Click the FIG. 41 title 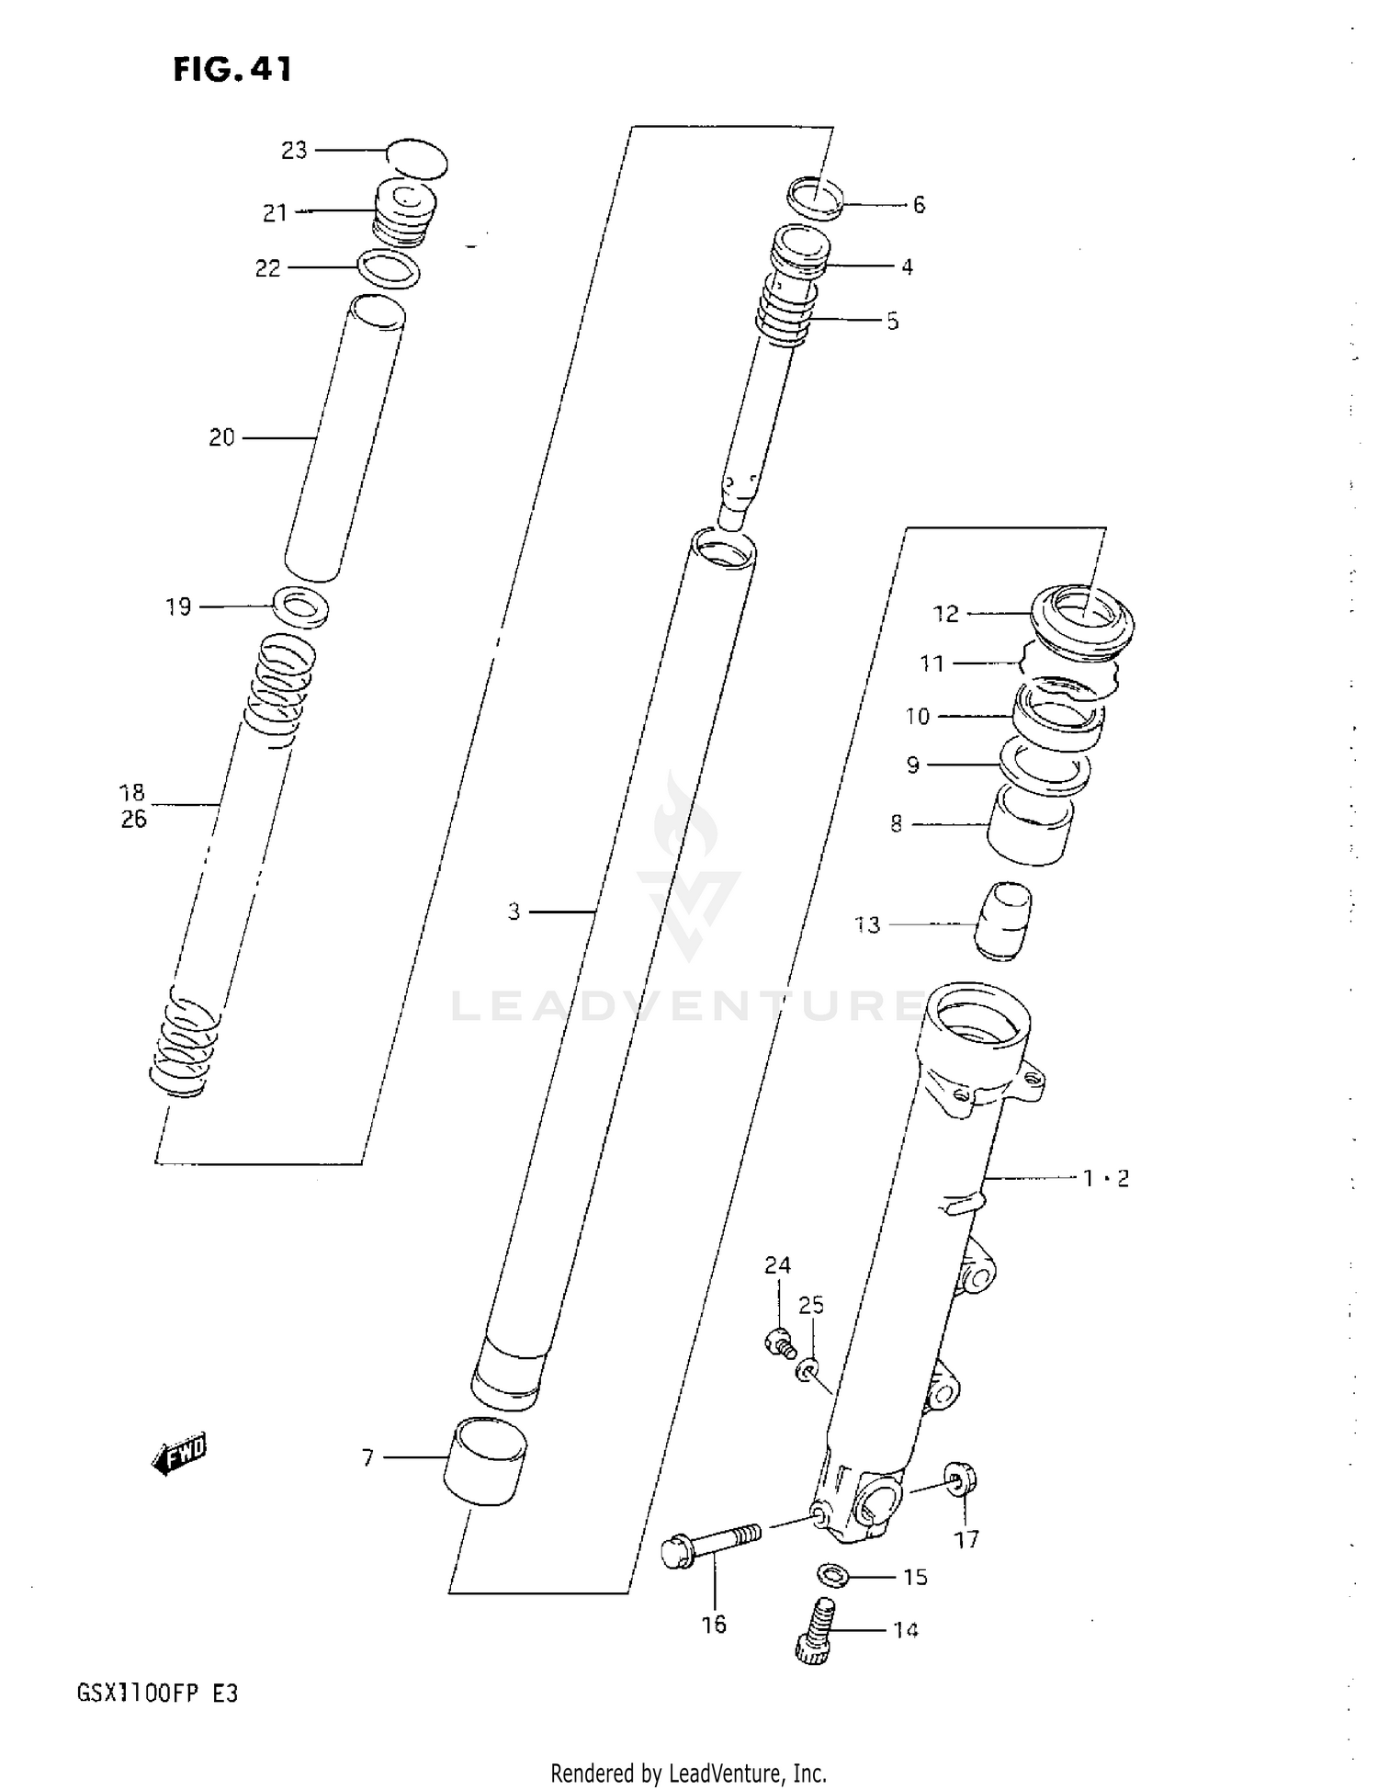click(x=232, y=70)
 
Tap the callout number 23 click(x=294, y=151)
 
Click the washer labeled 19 click(x=301, y=607)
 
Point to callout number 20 click(x=222, y=438)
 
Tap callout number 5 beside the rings click(x=892, y=322)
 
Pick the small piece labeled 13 click(x=1002, y=921)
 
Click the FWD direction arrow click(x=180, y=1453)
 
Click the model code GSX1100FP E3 click(x=158, y=1694)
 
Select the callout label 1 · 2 click(x=1105, y=1178)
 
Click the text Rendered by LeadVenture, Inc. click(x=688, y=1773)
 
